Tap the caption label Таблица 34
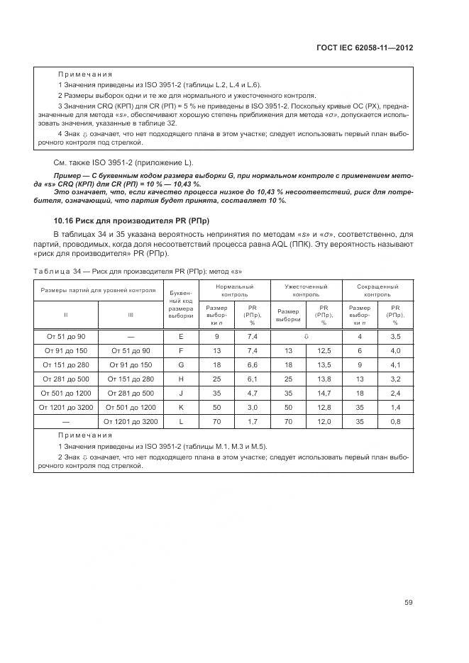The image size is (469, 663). [x=56, y=272]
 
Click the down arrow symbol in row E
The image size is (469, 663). [x=307, y=336]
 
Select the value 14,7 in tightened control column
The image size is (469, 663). [x=324, y=393]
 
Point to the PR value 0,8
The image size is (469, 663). [x=395, y=422]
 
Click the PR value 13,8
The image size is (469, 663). [x=324, y=379]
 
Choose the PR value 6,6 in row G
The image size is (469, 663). [x=252, y=364]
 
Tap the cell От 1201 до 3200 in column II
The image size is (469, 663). [x=65, y=408]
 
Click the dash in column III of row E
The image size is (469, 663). [x=130, y=336]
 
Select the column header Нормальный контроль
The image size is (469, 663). [x=234, y=290]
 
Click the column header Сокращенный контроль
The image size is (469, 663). [x=377, y=290]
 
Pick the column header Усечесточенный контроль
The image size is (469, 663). [x=306, y=290]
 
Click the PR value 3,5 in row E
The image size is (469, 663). [x=395, y=336]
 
